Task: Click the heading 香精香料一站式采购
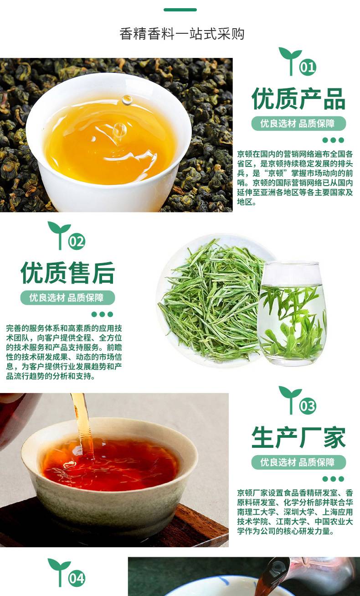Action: coord(182,34)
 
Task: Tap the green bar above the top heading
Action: coord(180,10)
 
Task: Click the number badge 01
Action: coord(308,67)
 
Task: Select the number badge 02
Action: coord(77,241)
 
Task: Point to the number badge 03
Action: coord(308,406)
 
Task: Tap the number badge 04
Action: coord(77,578)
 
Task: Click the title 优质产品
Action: coord(298,99)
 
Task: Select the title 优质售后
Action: coord(67,273)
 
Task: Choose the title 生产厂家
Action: coord(298,438)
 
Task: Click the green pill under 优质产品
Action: coord(298,124)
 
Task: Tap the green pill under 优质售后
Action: coord(67,298)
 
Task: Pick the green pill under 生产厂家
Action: coord(298,462)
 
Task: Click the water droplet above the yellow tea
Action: coord(127,100)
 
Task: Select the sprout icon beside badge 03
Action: coord(290,400)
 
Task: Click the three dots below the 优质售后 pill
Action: coord(102,314)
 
